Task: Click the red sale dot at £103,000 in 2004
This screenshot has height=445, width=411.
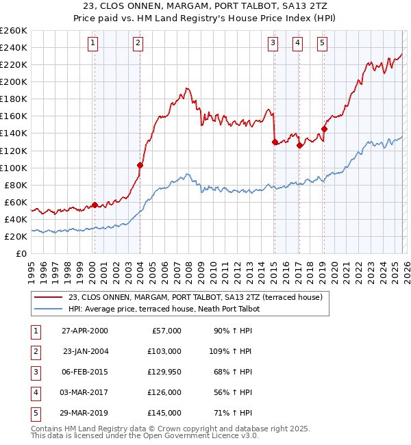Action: (x=140, y=165)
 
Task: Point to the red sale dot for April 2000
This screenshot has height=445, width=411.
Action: (x=95, y=204)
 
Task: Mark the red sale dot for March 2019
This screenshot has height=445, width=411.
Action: (x=324, y=129)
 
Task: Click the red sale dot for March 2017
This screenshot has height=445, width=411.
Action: (x=299, y=145)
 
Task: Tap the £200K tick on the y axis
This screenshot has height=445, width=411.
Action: (x=14, y=81)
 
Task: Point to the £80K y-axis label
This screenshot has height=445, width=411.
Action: (x=16, y=185)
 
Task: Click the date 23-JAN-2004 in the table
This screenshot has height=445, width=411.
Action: (x=85, y=351)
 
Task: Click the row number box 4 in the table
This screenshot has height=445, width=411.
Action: (x=35, y=392)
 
